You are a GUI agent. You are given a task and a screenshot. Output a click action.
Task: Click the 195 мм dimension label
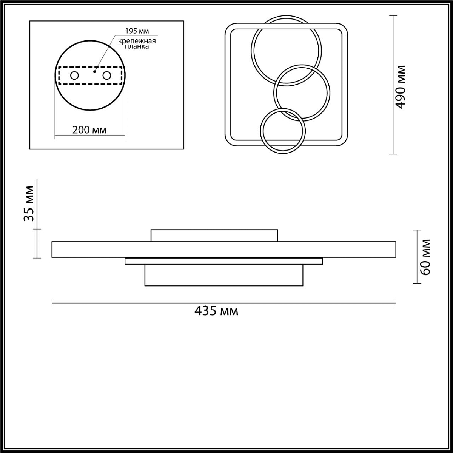[137, 31]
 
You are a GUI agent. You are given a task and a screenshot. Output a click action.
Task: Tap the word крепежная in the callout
[137, 41]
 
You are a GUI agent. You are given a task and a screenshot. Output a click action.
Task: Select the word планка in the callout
[137, 46]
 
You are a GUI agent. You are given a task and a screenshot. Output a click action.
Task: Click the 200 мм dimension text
[89, 130]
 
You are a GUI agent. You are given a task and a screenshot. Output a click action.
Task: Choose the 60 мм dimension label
[425, 257]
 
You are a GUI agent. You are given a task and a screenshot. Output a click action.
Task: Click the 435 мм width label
[216, 311]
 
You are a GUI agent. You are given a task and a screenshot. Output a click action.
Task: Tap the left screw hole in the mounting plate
[74, 76]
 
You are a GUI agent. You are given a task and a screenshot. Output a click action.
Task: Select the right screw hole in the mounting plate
[106, 76]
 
